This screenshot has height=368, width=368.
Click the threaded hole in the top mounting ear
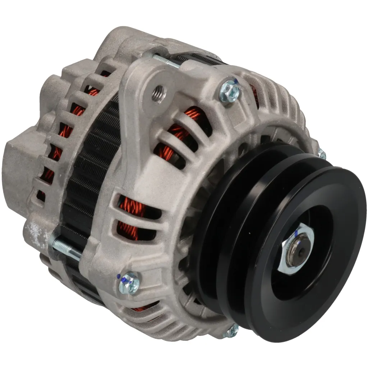[x=158, y=93]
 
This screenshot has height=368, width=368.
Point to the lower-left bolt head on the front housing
[x=129, y=282]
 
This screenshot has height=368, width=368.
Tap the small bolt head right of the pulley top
[x=321, y=155]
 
